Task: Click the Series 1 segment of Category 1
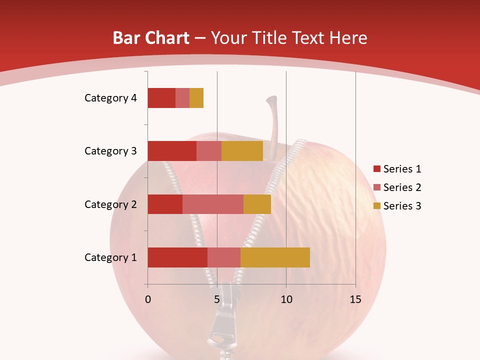177,257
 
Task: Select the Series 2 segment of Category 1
224,257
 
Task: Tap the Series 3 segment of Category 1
275,257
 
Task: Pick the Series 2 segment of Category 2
213,204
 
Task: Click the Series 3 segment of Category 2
257,204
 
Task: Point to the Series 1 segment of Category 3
172,151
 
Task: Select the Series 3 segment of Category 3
242,151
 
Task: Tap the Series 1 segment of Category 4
161,98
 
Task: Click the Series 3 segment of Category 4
196,98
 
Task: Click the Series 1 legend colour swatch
376,169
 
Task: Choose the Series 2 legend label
402,187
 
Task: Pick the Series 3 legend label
402,206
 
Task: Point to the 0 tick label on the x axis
148,299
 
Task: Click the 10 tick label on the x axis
286,299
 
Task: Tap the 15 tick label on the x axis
355,299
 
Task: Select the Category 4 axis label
110,98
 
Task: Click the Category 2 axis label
110,204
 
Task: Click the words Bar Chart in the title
151,38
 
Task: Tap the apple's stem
273,120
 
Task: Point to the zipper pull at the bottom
220,325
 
